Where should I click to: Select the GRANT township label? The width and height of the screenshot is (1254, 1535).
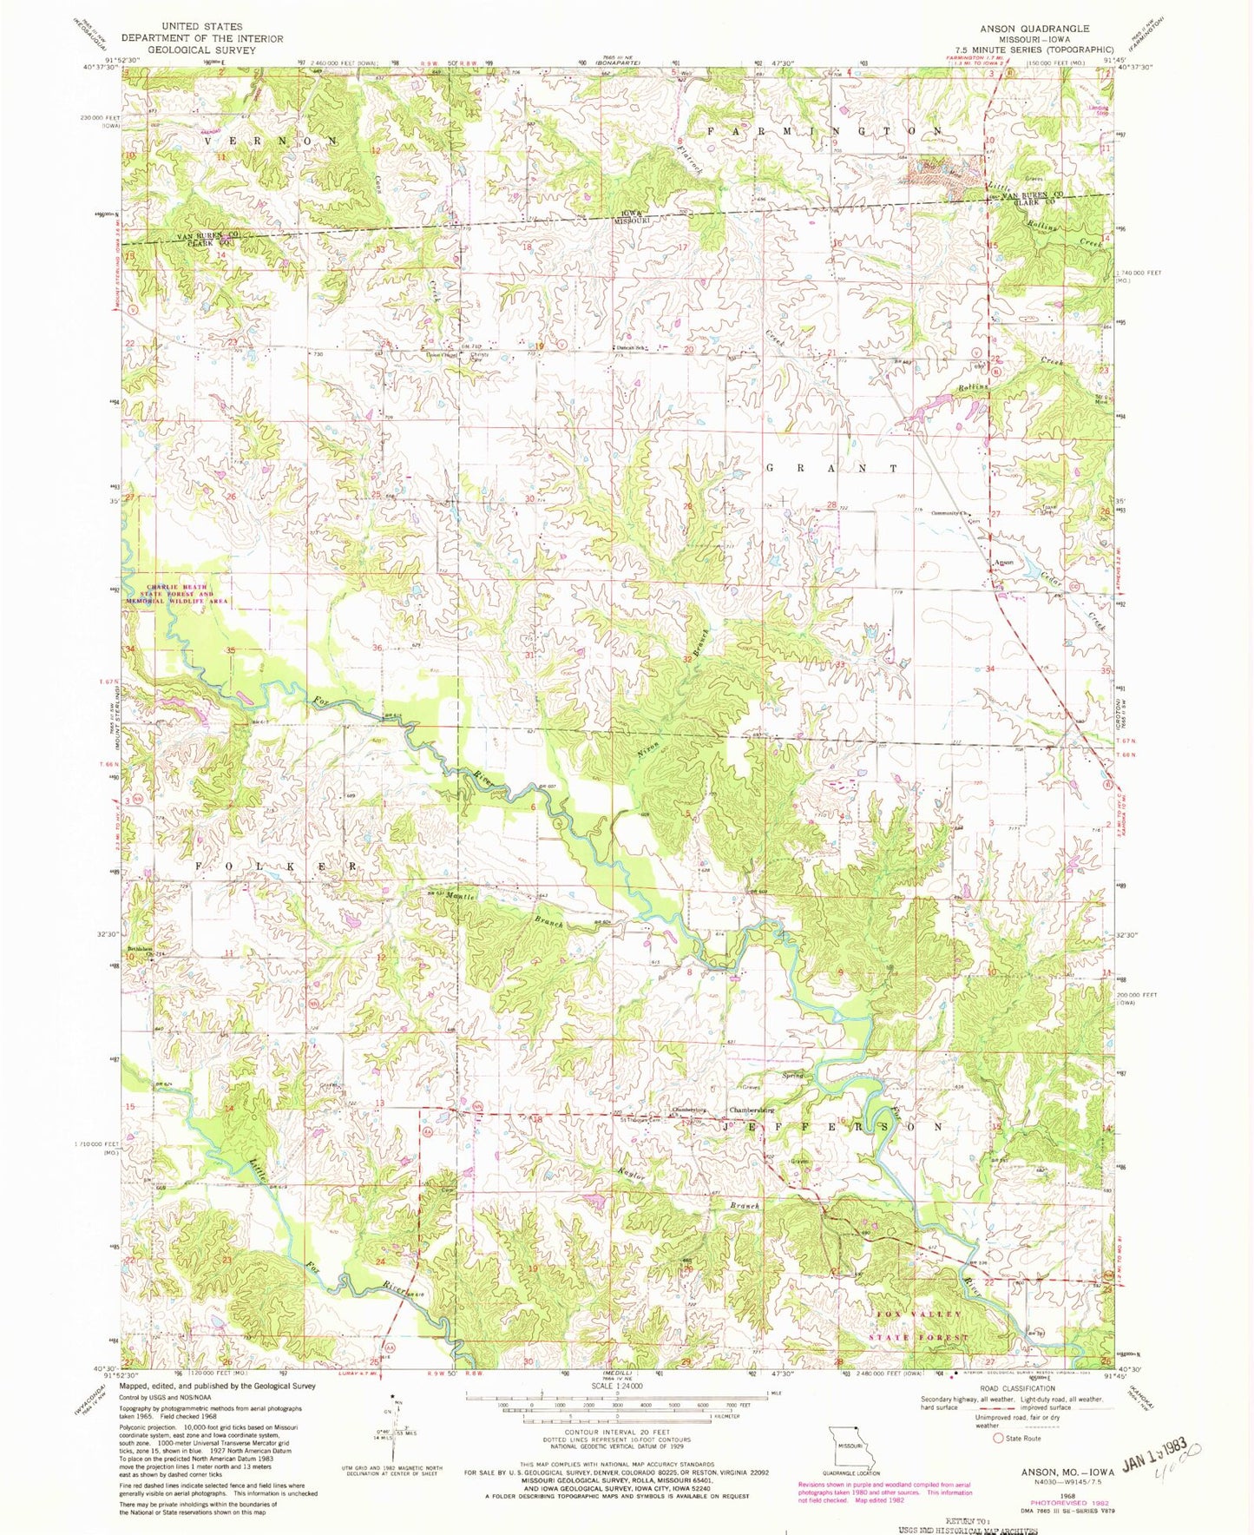click(x=832, y=468)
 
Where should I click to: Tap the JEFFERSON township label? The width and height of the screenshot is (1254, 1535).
click(x=832, y=1126)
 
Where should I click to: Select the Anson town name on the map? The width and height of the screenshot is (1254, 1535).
click(x=1003, y=563)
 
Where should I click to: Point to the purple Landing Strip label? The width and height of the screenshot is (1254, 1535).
click(x=1099, y=111)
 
